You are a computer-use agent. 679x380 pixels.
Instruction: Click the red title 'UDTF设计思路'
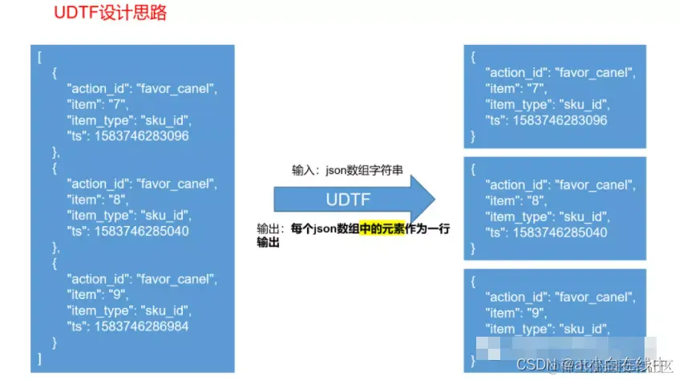click(110, 14)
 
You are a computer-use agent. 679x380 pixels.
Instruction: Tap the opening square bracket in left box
click(38, 57)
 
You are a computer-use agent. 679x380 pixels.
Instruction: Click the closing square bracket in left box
click(38, 358)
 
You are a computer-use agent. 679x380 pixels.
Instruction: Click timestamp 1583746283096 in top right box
click(560, 120)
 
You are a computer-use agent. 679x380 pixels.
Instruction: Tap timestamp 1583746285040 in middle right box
click(560, 232)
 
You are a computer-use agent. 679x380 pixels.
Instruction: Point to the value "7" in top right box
click(531, 88)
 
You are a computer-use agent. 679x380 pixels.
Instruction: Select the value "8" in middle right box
click(531, 200)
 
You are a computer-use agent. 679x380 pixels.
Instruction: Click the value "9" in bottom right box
click(531, 313)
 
